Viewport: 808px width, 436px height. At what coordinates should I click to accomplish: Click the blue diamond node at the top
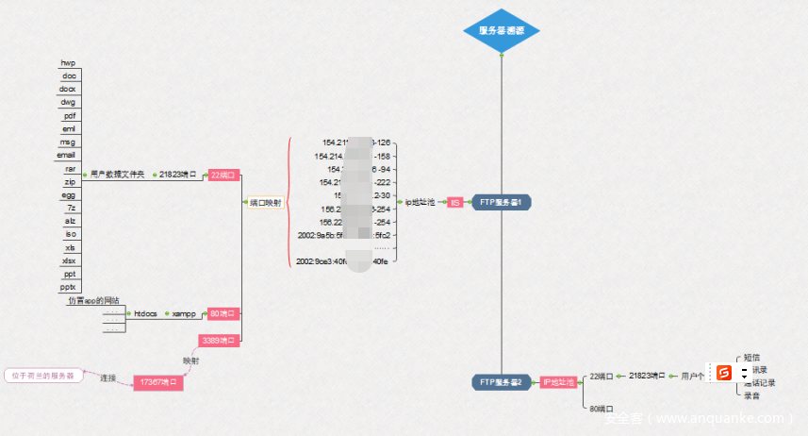[501, 30]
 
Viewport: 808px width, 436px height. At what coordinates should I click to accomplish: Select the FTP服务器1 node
[502, 202]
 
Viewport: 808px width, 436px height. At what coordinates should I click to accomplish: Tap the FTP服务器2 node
[502, 382]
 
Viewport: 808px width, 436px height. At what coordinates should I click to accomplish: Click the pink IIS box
[454, 202]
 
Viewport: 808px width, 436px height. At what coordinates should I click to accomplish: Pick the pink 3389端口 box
[219, 340]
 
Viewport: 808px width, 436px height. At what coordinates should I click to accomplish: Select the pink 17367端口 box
[157, 382]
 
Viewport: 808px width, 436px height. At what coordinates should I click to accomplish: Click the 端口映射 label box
[264, 202]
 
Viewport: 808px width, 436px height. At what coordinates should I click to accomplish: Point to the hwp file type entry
[68, 62]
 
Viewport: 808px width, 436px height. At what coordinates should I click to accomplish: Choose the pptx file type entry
[68, 287]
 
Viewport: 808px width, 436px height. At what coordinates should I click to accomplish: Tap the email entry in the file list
[66, 155]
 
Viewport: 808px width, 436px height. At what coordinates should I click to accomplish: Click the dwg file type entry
[68, 102]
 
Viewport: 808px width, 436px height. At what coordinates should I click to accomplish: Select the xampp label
[183, 313]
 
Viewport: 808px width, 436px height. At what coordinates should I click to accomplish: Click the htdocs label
[145, 313]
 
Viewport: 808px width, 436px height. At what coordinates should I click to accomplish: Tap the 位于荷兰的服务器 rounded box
[42, 376]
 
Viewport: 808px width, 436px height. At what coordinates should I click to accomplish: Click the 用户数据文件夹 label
[118, 175]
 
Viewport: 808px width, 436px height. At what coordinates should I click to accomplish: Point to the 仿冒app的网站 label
[93, 301]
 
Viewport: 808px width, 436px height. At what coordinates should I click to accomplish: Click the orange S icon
[724, 373]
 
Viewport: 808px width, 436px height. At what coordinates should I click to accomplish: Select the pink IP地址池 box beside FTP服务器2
[558, 382]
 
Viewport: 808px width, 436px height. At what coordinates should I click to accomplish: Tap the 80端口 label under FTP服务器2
[596, 409]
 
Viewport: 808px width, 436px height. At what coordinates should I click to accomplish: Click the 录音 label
[751, 395]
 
